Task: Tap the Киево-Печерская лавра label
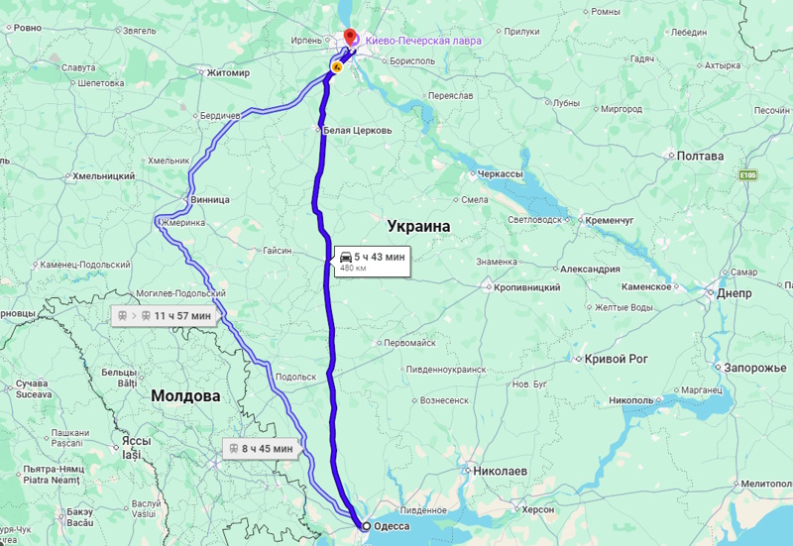pos(423,41)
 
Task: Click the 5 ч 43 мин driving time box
pos(372,261)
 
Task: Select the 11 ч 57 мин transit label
pos(164,316)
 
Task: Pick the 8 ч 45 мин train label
pos(260,449)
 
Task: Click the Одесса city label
pos(390,526)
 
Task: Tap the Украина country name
pos(418,227)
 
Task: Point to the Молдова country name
pos(185,396)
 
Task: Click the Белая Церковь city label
pos(358,130)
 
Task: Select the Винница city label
pos(209,199)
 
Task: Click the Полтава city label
pos(700,156)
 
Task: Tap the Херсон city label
pos(539,509)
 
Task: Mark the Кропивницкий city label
pos(526,287)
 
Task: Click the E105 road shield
pos(747,175)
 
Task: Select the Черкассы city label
pos(500,173)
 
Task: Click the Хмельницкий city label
pos(103,176)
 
